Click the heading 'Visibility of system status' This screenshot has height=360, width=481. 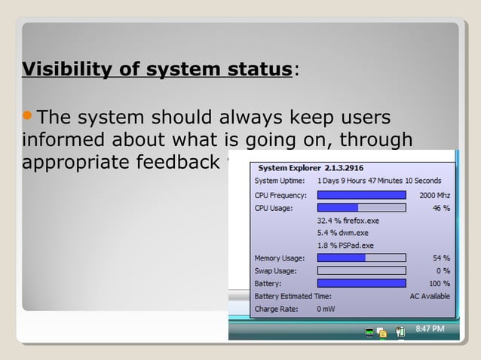(x=157, y=70)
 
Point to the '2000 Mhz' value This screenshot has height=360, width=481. (x=434, y=194)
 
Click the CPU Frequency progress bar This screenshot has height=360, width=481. (x=361, y=194)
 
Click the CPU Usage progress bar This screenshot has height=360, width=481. (x=361, y=207)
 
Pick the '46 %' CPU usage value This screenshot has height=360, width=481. (x=440, y=207)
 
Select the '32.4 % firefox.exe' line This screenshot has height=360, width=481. (x=348, y=221)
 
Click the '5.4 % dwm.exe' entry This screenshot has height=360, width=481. (x=342, y=233)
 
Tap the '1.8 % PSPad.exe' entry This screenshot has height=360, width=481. (x=346, y=246)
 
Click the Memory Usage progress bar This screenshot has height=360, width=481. (x=361, y=258)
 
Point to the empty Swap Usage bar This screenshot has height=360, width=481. (x=361, y=270)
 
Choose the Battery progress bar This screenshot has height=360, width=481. (x=361, y=283)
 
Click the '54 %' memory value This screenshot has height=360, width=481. (x=440, y=258)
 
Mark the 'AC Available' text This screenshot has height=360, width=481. (x=430, y=296)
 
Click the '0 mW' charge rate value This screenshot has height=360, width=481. (x=326, y=308)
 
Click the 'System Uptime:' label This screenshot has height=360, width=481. (x=280, y=181)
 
